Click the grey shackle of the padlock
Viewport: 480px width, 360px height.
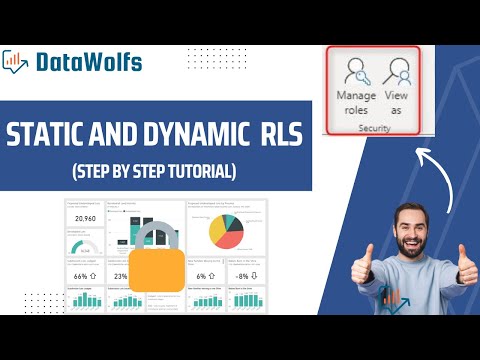(x=163, y=235)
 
